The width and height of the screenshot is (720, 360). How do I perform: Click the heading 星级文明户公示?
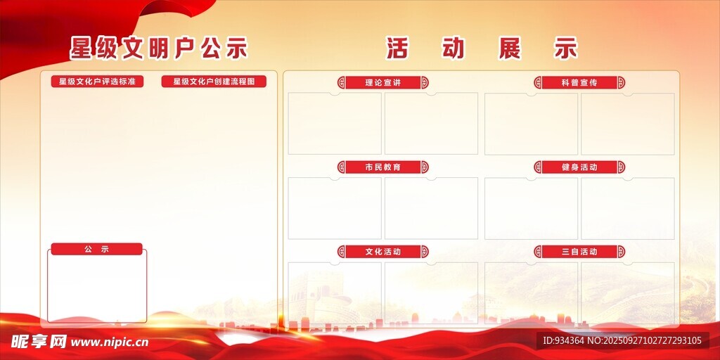tap(159, 49)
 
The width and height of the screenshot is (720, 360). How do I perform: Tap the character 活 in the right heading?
tap(397, 49)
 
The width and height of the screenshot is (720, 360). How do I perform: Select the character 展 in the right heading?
tap(510, 49)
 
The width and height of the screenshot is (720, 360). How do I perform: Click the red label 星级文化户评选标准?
tap(97, 82)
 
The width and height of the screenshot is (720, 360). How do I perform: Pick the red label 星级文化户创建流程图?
tap(214, 82)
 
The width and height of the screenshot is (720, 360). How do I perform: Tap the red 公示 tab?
tap(96, 250)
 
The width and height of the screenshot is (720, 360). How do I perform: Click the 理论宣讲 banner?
tap(383, 83)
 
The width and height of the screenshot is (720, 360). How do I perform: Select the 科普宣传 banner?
tap(579, 83)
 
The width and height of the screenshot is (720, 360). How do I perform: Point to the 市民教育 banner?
tap(383, 167)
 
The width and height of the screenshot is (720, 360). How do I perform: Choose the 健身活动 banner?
tap(579, 167)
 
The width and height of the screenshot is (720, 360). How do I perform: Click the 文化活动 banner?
tap(383, 252)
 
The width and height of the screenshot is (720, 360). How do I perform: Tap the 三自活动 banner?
tap(579, 252)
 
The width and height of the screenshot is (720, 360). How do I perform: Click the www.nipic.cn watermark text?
tap(109, 342)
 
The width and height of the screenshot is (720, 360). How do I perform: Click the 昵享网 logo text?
tap(39, 341)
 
